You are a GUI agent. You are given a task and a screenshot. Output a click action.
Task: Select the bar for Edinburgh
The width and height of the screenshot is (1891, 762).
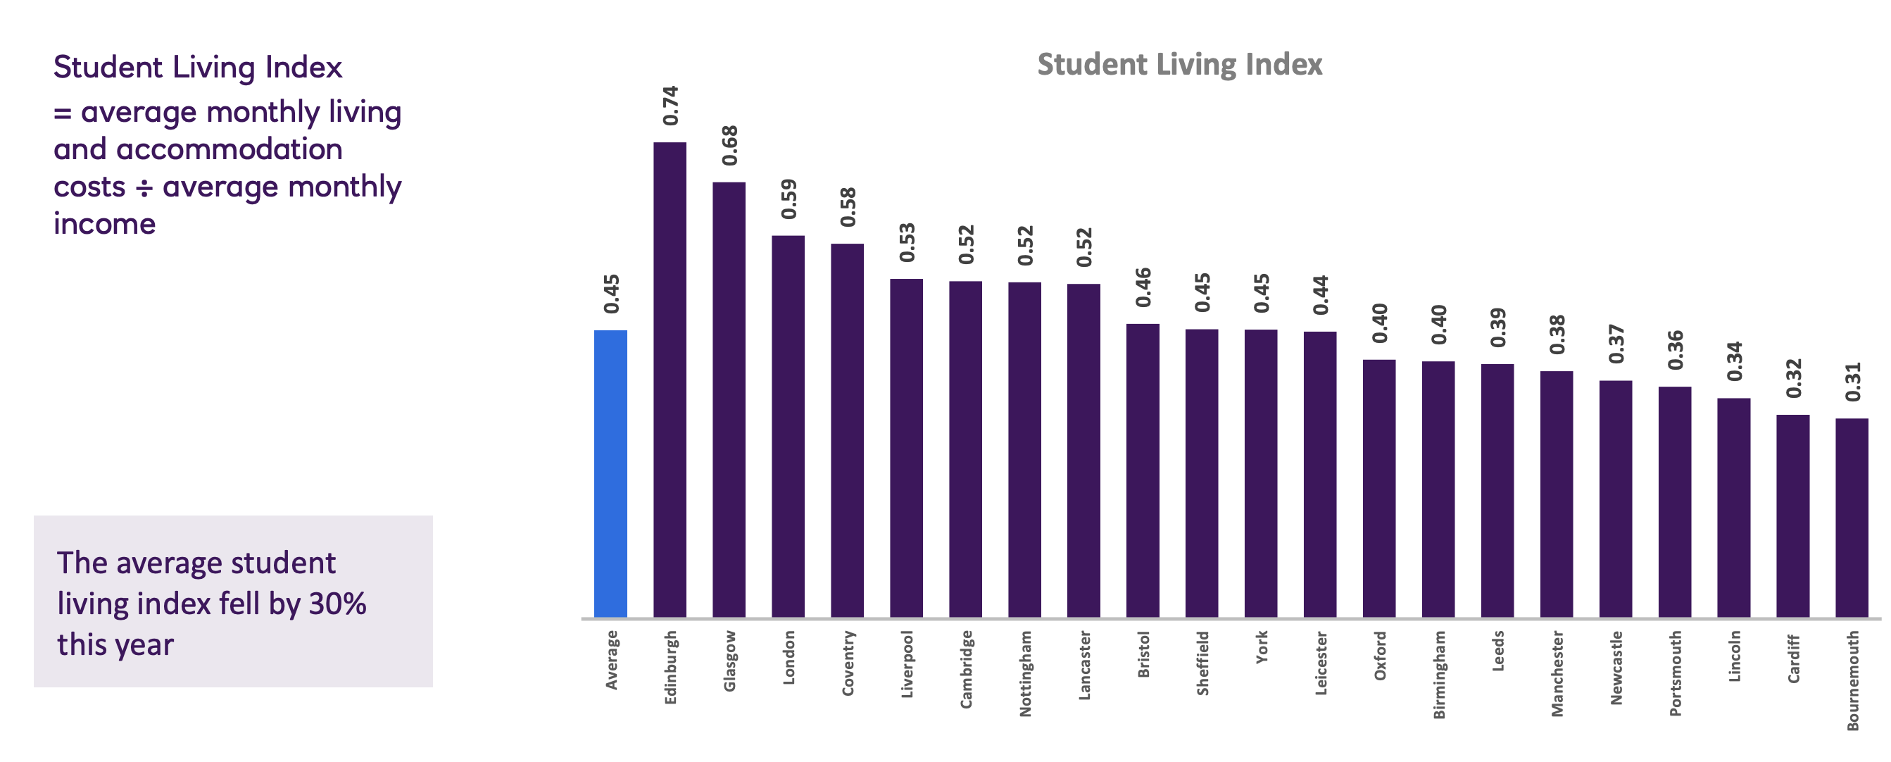pos(670,380)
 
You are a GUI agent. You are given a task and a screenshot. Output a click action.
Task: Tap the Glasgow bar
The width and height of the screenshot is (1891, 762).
pos(729,399)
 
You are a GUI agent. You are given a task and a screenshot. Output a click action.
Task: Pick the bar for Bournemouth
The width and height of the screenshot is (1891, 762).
pos(1852,518)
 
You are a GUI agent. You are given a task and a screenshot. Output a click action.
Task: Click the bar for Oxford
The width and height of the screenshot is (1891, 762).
pos(1378,488)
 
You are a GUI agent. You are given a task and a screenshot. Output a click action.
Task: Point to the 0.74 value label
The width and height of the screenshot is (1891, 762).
pos(670,106)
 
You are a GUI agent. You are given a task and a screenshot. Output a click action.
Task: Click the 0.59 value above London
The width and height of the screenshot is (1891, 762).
pos(789,199)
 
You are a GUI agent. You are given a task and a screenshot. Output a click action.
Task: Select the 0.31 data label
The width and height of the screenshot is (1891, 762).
pos(1852,382)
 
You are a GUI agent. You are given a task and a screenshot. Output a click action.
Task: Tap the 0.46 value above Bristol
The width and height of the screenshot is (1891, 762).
pos(1143,287)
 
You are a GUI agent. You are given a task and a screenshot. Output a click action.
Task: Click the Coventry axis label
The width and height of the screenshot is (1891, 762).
pos(848,663)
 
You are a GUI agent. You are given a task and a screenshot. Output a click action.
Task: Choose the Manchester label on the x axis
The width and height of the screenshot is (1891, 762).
pos(1557,673)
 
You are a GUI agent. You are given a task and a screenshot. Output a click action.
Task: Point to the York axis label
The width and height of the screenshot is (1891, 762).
pos(1261,647)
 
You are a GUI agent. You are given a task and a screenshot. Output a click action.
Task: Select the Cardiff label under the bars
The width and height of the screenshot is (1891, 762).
pos(1792,658)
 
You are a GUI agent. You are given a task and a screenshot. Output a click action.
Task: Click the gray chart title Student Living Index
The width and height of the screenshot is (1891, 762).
pos(1179,65)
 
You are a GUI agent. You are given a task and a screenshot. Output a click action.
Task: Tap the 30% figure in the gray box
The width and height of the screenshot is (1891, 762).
pos(337,604)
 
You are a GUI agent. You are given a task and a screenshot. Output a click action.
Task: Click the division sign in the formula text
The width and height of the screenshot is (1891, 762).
pos(144,188)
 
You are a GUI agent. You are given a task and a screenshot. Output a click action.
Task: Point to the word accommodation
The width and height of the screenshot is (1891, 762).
pos(229,150)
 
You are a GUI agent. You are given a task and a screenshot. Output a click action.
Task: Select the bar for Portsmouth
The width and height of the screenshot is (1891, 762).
pos(1674,501)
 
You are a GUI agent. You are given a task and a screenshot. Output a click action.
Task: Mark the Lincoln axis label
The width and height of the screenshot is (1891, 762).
pos(1734,656)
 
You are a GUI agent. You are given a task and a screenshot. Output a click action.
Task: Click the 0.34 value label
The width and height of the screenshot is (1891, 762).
pos(1734,361)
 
